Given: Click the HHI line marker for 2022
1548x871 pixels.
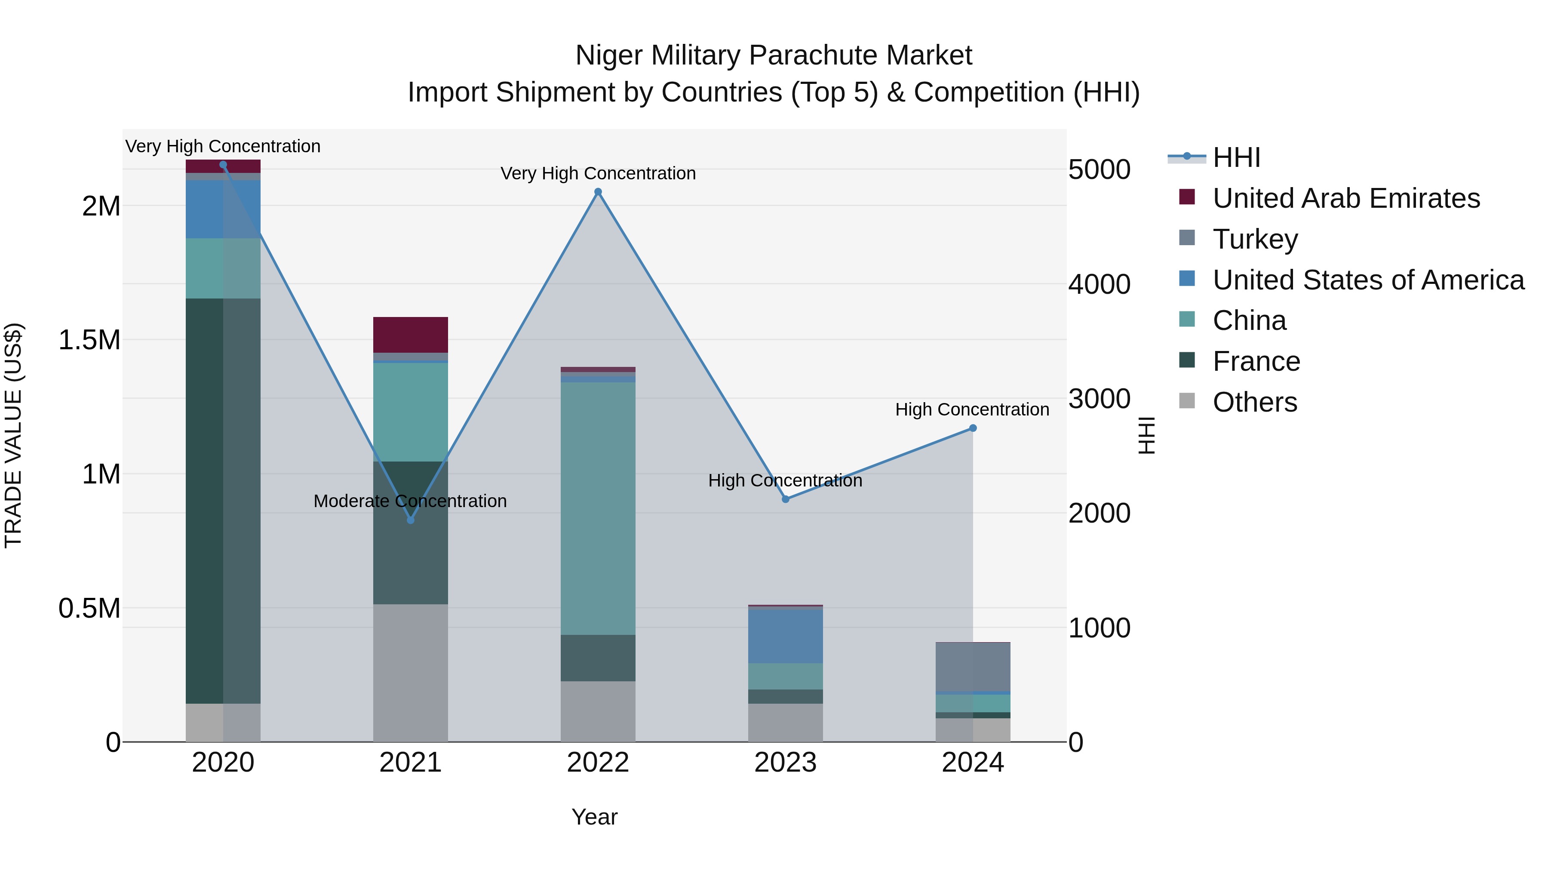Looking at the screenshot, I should pyautogui.click(x=598, y=192).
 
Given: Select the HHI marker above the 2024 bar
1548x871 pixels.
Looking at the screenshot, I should pyautogui.click(x=973, y=428).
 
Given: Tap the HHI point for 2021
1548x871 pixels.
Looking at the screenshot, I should pyautogui.click(x=411, y=520).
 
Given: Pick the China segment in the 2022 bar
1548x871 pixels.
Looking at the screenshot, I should pyautogui.click(x=598, y=508).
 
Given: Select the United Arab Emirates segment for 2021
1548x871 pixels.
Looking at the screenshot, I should pyautogui.click(x=411, y=334).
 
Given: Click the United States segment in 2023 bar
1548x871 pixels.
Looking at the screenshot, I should pyautogui.click(x=786, y=636).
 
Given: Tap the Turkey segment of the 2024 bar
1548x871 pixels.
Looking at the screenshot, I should pyautogui.click(x=973, y=667).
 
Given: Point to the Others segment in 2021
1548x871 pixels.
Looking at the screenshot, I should pyautogui.click(x=411, y=672).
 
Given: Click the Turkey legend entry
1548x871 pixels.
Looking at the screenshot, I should pyautogui.click(x=1255, y=239).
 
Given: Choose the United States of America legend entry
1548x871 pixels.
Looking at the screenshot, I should pyautogui.click(x=1368, y=280).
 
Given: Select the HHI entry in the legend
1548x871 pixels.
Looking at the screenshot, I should pyautogui.click(x=1236, y=157).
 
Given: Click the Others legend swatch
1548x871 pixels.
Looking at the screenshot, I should pyautogui.click(x=1187, y=401).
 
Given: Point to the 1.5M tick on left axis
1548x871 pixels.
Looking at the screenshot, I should pyautogui.click(x=89, y=340).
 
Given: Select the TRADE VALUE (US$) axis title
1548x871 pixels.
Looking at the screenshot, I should pyautogui.click(x=13, y=435).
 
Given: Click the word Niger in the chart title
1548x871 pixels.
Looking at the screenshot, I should pyautogui.click(x=609, y=55).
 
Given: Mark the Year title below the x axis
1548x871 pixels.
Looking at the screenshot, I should pyautogui.click(x=594, y=817).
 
